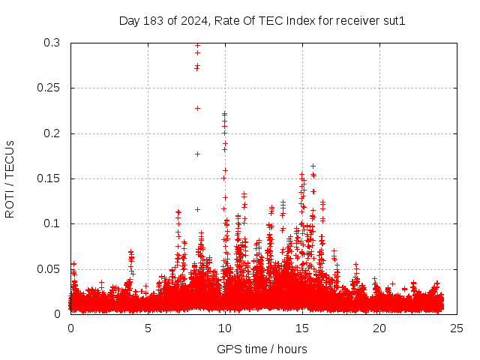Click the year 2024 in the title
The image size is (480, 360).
tap(194, 21)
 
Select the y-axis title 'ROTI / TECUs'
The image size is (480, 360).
tap(10, 178)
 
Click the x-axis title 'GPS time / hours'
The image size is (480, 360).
tap(262, 349)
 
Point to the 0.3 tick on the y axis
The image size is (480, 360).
tap(52, 43)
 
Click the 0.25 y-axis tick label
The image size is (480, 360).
tap(48, 88)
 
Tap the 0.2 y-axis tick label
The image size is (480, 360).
tap(52, 133)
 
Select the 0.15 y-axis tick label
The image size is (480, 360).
tap(48, 178)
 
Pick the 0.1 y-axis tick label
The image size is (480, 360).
tap(52, 223)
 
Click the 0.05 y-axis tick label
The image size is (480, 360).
tap(48, 268)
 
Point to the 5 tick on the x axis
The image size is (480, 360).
tap(148, 328)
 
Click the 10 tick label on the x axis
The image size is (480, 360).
tap(225, 328)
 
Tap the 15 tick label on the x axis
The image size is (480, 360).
tap(302, 328)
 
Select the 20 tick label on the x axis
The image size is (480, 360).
tap(379, 328)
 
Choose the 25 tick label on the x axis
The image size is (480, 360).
tap(457, 328)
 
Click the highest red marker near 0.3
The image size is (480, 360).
tap(197, 45)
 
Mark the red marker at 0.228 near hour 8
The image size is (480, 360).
tap(197, 108)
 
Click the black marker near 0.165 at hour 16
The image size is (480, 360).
tap(313, 166)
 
